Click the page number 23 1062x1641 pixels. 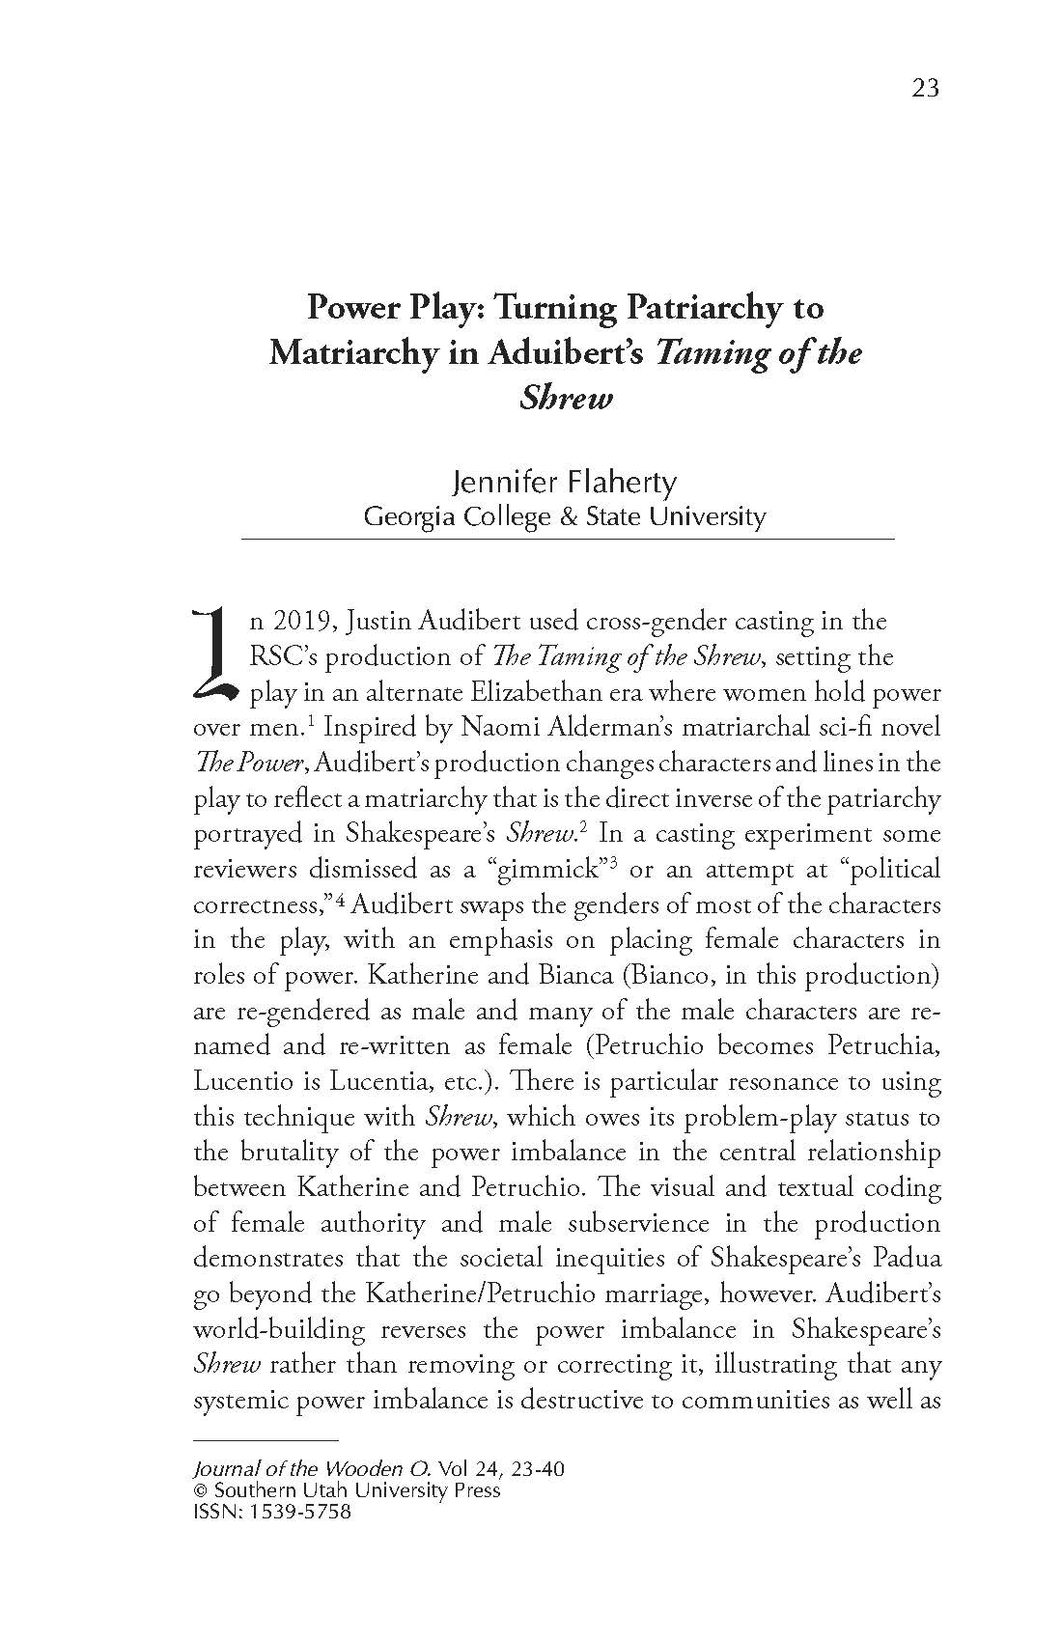click(924, 88)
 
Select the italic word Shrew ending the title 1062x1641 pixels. click(566, 397)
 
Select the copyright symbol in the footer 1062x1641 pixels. click(201, 1490)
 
